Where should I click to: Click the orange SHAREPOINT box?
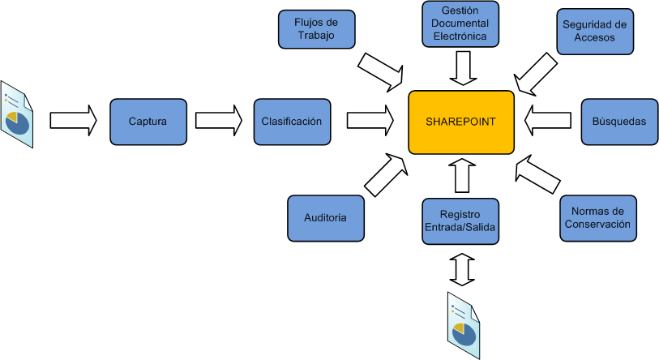tap(460, 122)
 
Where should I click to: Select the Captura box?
tap(148, 122)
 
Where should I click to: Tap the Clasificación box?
tap(292, 122)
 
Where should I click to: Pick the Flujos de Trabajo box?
tap(316, 29)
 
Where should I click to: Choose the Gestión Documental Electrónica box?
tap(460, 24)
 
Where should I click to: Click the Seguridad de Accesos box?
tap(595, 31)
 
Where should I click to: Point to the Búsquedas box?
tap(618, 122)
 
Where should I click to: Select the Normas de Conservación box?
tap(597, 218)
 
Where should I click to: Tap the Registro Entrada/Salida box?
tap(460, 221)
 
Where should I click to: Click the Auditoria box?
tap(326, 219)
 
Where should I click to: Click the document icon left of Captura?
tap(17, 114)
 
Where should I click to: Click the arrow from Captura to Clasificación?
tap(219, 121)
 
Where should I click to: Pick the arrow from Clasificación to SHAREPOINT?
tap(370, 121)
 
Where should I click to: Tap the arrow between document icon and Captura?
tap(73, 121)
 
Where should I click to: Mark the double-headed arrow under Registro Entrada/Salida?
tap(462, 268)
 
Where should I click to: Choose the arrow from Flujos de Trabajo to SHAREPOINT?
tap(382, 71)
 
